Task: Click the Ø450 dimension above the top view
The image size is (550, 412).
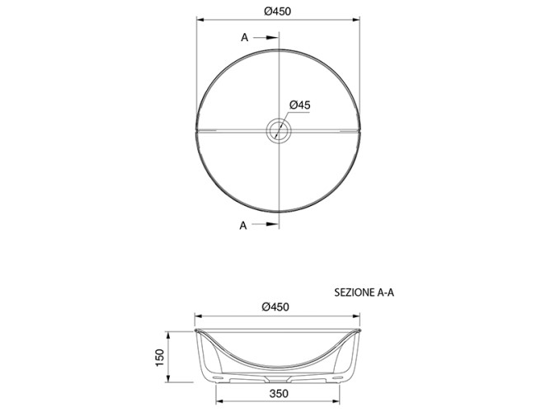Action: pos(277,12)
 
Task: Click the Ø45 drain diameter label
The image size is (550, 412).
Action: pos(300,105)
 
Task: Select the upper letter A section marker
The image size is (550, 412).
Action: pos(244,38)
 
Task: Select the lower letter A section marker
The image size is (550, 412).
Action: pos(243,226)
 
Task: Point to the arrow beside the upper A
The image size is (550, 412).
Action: pos(266,38)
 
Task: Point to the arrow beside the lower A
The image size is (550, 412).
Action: pos(265,224)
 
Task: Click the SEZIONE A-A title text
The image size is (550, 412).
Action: pos(364,293)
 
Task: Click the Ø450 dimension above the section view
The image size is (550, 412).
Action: pos(275,307)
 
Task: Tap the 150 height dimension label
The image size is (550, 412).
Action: pos(160,358)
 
